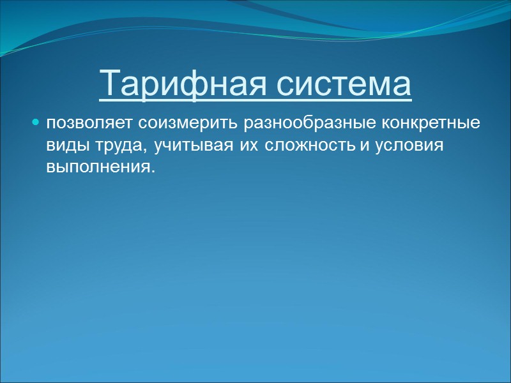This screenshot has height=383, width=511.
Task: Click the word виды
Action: (x=62, y=146)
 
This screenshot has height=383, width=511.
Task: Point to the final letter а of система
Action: (x=400, y=86)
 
